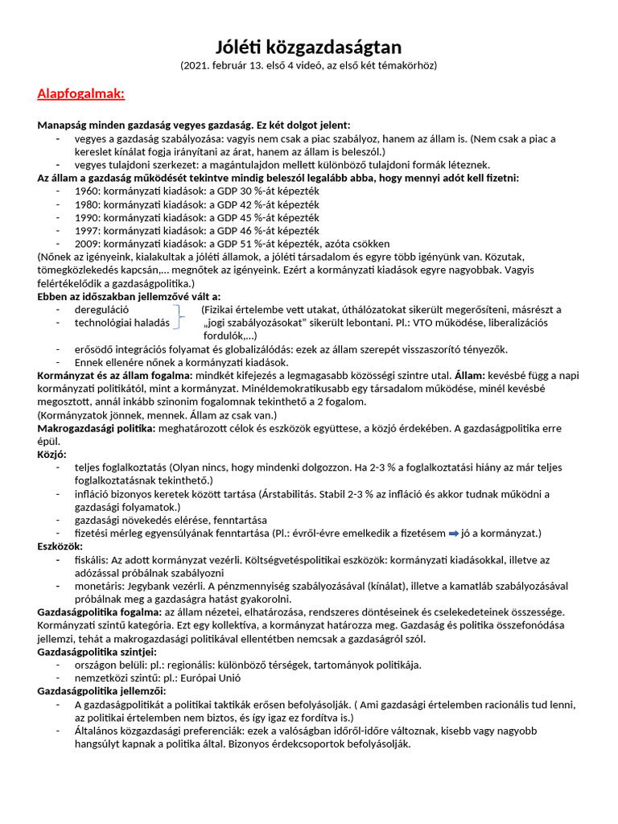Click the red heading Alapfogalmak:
click(x=80, y=94)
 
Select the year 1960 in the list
click(x=87, y=191)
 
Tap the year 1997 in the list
click(x=87, y=230)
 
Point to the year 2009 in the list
click(x=87, y=243)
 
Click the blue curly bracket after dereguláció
click(x=179, y=316)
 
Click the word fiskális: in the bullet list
click(x=94, y=559)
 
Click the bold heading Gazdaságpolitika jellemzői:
click(x=101, y=691)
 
